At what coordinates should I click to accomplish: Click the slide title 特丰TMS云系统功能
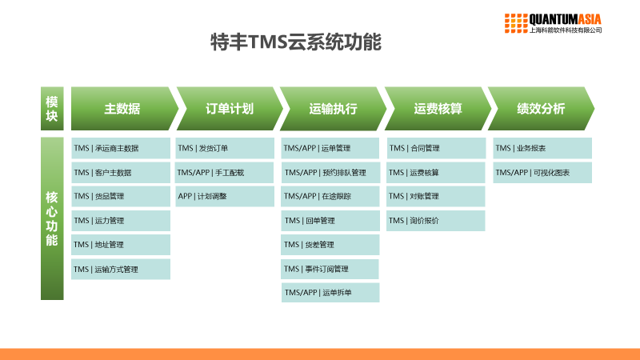tap(294, 42)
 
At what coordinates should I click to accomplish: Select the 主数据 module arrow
tap(122, 109)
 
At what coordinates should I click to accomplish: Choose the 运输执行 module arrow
tap(333, 109)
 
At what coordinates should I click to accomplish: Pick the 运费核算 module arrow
tap(438, 109)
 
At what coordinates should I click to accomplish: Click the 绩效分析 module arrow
tap(541, 109)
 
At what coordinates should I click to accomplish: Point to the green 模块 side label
tap(52, 109)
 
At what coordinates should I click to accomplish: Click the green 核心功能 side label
tap(52, 218)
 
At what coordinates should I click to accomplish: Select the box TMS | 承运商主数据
tap(121, 148)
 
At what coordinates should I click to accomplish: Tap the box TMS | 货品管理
tap(121, 197)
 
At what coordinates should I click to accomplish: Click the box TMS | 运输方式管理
tap(121, 270)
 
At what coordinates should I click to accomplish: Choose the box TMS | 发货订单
tap(224, 148)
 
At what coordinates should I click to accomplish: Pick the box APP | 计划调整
tap(224, 197)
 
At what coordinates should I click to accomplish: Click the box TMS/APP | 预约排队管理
tap(330, 173)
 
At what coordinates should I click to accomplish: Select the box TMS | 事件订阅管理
tap(330, 269)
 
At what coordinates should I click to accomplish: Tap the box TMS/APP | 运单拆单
tap(330, 293)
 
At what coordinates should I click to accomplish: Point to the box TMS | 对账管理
tap(435, 197)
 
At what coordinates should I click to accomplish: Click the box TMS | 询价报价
tap(435, 221)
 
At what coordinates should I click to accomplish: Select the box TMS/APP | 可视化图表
tap(542, 173)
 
